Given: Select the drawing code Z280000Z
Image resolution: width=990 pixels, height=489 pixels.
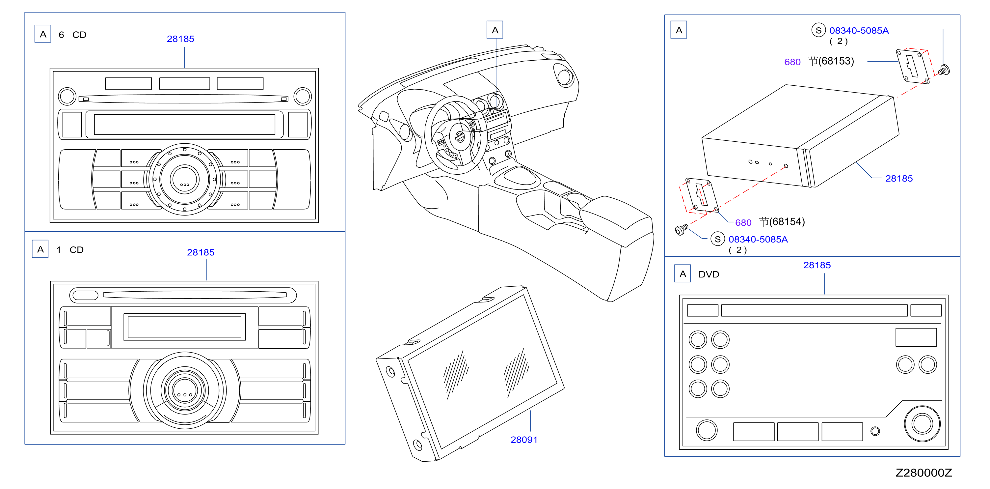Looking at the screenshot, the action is click(x=923, y=473).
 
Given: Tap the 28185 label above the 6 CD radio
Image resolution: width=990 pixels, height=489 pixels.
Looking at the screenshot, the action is click(x=180, y=39).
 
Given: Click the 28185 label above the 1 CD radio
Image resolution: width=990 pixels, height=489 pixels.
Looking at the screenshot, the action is click(x=201, y=252).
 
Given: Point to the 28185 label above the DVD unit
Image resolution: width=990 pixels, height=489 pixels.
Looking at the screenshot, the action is click(x=817, y=265).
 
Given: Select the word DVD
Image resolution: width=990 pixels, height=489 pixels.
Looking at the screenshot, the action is click(x=709, y=274).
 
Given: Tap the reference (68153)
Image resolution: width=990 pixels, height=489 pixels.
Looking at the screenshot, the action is click(x=836, y=61).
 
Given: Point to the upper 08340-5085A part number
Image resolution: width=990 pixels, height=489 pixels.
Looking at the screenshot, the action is click(x=859, y=30).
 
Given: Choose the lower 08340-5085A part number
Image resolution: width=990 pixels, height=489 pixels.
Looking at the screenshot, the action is click(x=758, y=239).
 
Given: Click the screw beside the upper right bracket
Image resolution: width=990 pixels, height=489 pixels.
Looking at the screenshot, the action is click(x=944, y=70).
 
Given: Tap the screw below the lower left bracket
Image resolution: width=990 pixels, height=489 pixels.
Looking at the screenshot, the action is click(x=682, y=230).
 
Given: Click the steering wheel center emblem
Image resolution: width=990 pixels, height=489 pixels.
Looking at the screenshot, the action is click(x=460, y=136).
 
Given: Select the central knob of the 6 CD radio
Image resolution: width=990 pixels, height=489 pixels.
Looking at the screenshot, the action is click(x=184, y=179).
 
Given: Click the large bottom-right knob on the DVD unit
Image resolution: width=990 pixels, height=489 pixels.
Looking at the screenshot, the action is click(x=922, y=424).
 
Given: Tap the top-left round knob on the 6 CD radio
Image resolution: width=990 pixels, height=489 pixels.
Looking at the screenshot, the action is click(x=67, y=96).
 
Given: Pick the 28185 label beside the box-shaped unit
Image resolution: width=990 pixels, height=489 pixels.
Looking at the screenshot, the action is click(x=898, y=179).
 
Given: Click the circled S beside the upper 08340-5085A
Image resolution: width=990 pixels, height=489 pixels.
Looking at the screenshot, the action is click(x=818, y=30).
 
